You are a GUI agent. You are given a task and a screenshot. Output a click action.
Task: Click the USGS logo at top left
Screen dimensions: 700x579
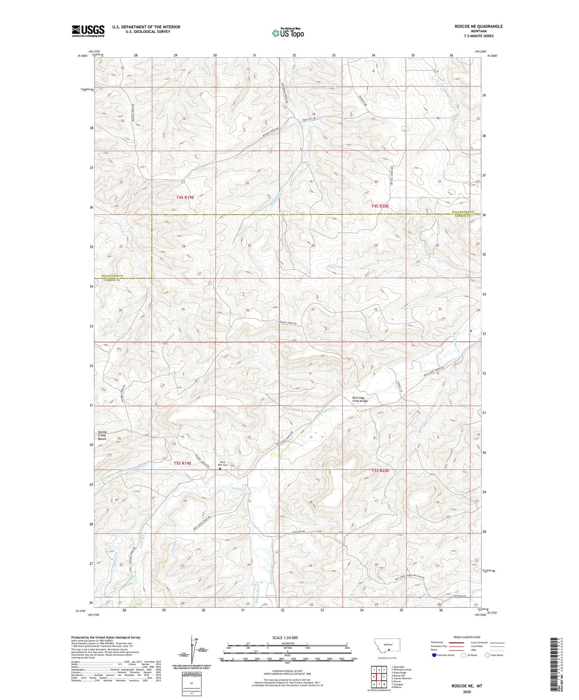pos(88,30)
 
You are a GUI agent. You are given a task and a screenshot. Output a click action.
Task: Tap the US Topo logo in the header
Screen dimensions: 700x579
pos(288,33)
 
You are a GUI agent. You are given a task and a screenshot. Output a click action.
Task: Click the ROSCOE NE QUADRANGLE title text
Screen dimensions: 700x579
pos(478,26)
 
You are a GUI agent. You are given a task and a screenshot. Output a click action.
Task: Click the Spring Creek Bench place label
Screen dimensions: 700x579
pos(102,435)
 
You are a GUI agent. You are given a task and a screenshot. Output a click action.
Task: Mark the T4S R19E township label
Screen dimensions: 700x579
pos(185,198)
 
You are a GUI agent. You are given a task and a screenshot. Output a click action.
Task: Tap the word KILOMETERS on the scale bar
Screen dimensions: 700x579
pos(287,643)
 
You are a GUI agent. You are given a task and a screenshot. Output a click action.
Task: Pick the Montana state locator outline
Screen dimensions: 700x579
pos(387,645)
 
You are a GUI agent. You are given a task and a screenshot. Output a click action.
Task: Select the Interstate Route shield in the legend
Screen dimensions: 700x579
pos(435,655)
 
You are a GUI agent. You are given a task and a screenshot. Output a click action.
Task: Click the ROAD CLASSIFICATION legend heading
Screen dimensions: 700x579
pos(467,637)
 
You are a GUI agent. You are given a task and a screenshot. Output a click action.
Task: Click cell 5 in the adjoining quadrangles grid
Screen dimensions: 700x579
pos(384,677)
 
